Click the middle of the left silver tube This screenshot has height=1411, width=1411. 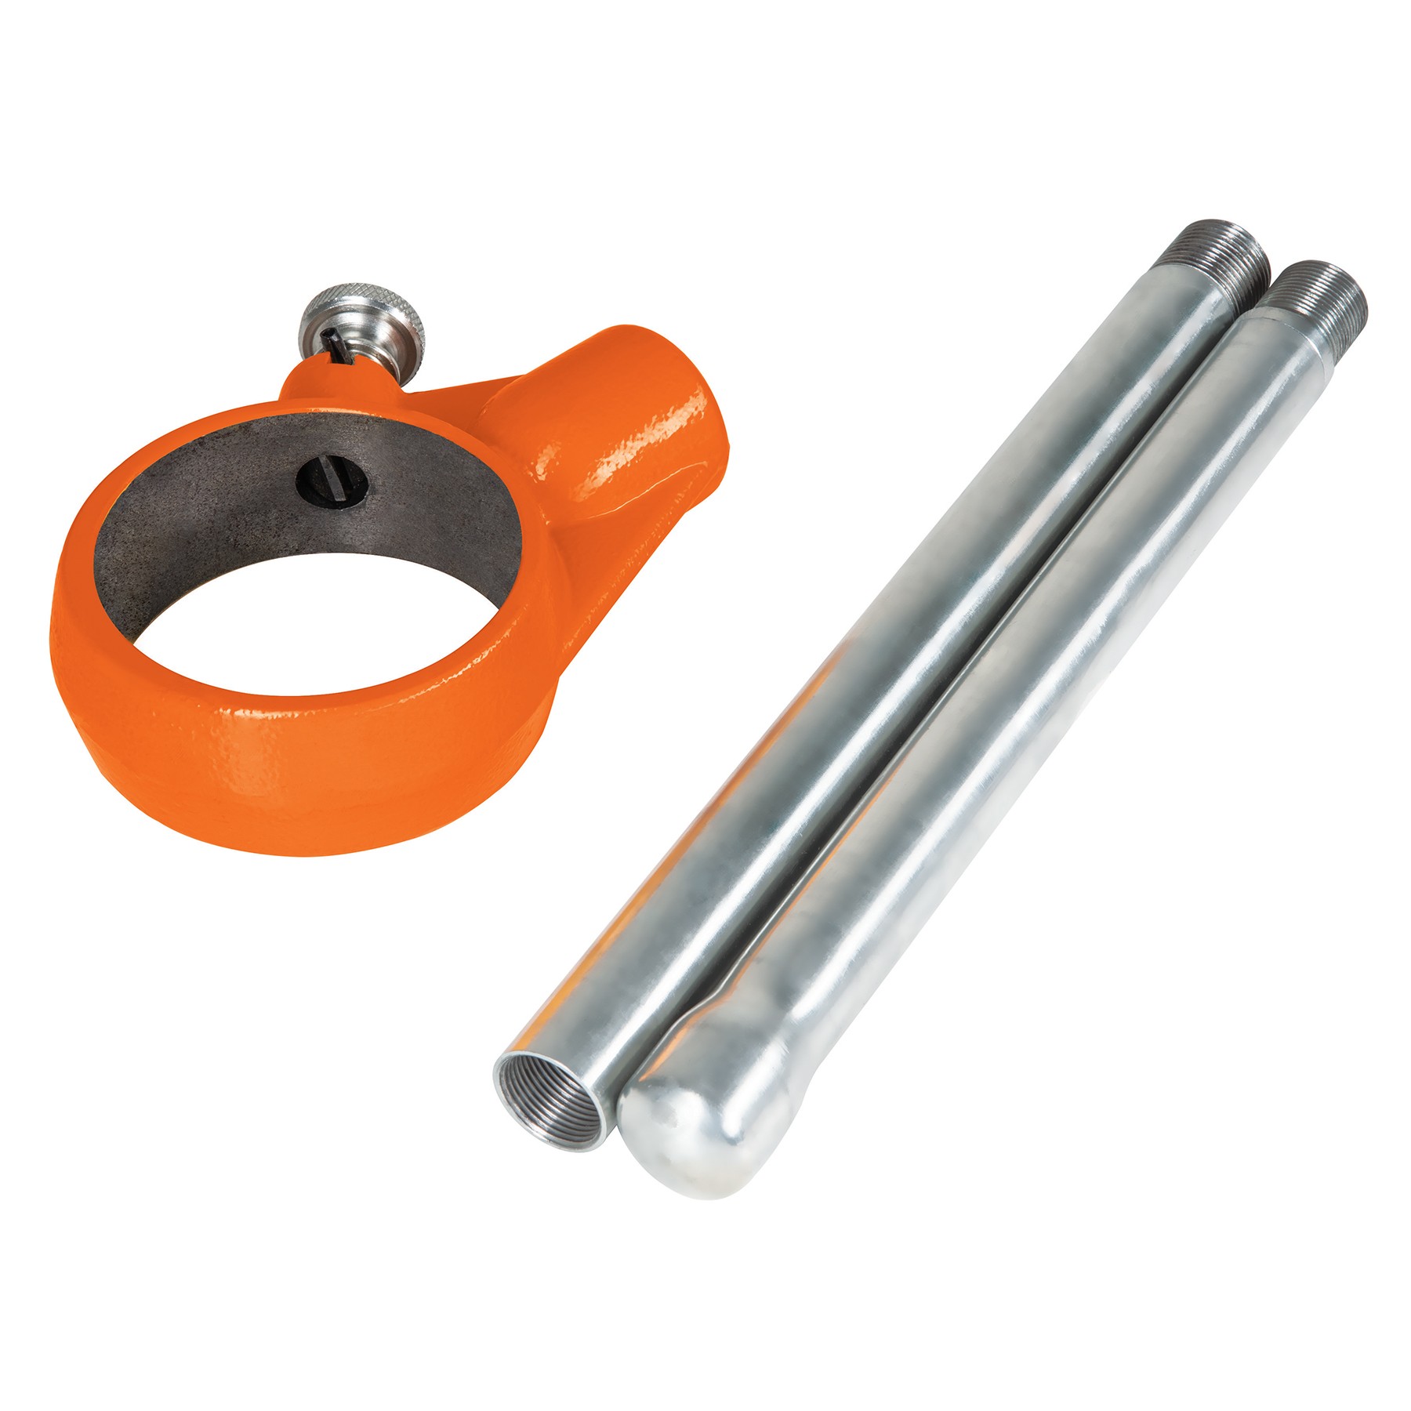(x=901, y=666)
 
